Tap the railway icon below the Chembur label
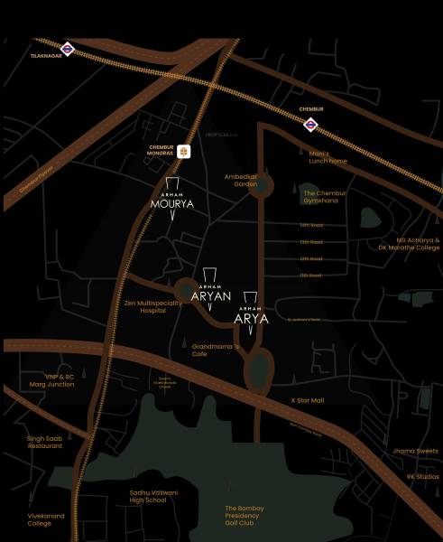pyautogui.click(x=311, y=124)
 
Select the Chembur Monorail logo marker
pyautogui.click(x=185, y=151)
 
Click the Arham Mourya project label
pyautogui.click(x=172, y=204)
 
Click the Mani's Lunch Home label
pyautogui.click(x=326, y=157)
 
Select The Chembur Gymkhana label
pyautogui.click(x=325, y=197)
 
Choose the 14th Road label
pyautogui.click(x=311, y=226)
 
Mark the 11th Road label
pyautogui.click(x=311, y=275)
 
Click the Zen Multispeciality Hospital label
pyautogui.click(x=154, y=306)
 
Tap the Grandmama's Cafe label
pyautogui.click(x=215, y=350)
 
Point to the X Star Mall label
pyautogui.click(x=307, y=399)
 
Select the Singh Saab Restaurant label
pyautogui.click(x=44, y=442)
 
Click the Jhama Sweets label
pyautogui.click(x=415, y=451)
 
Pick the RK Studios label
pyautogui.click(x=422, y=476)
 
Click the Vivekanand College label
pyautogui.click(x=39, y=519)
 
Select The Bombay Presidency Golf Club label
pyautogui.click(x=244, y=516)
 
